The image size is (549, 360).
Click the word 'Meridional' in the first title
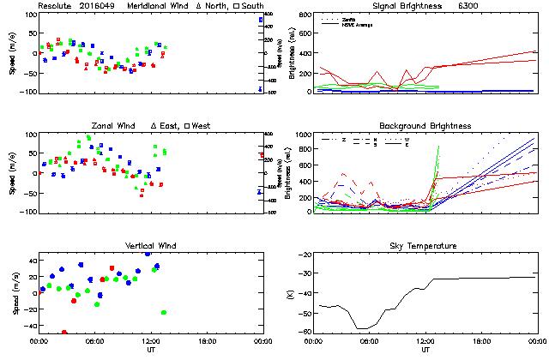[x=148, y=5]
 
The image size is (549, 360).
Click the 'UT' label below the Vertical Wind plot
[x=150, y=350]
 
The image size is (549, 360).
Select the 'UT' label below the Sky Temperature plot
[x=425, y=350]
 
